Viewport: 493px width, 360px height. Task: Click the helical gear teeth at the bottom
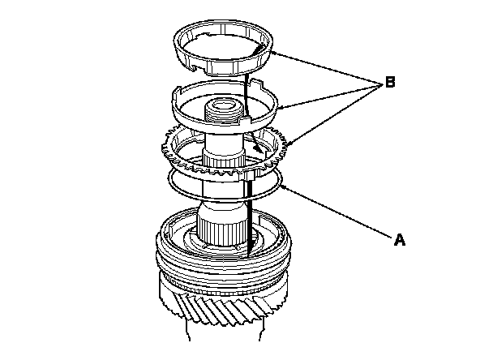(219, 307)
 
